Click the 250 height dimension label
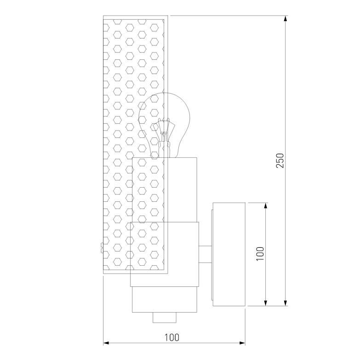(x=280, y=160)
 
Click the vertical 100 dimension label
(x=260, y=254)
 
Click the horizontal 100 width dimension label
(x=172, y=337)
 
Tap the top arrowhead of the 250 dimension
(x=286, y=19)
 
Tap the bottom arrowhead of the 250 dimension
(x=286, y=303)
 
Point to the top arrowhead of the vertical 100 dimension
(x=266, y=206)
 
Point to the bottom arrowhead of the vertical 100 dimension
(x=266, y=303)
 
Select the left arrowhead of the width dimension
(x=106, y=343)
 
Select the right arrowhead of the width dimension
(x=242, y=343)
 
